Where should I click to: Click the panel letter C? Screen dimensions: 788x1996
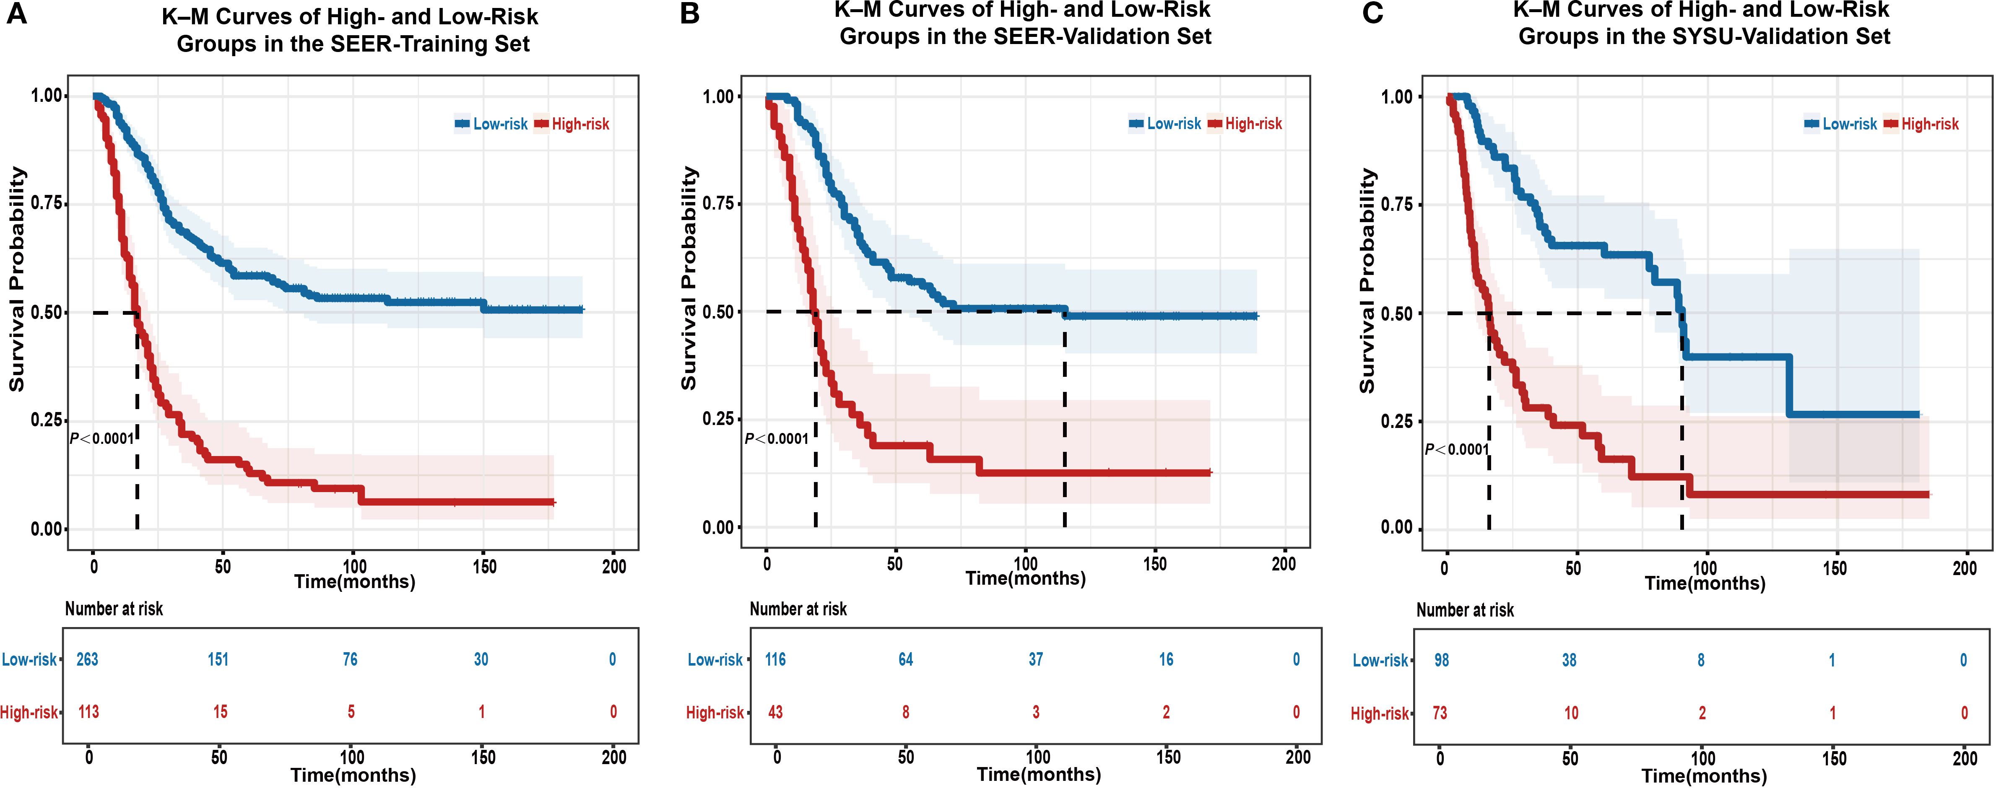pyautogui.click(x=1372, y=13)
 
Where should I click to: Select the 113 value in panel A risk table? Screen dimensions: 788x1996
pyautogui.click(x=88, y=711)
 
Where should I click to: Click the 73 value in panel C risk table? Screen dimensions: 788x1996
pyautogui.click(x=1440, y=713)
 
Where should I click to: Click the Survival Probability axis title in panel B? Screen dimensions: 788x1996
pyautogui.click(x=688, y=279)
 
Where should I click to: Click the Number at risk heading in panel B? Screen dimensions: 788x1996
pyautogui.click(x=798, y=609)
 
